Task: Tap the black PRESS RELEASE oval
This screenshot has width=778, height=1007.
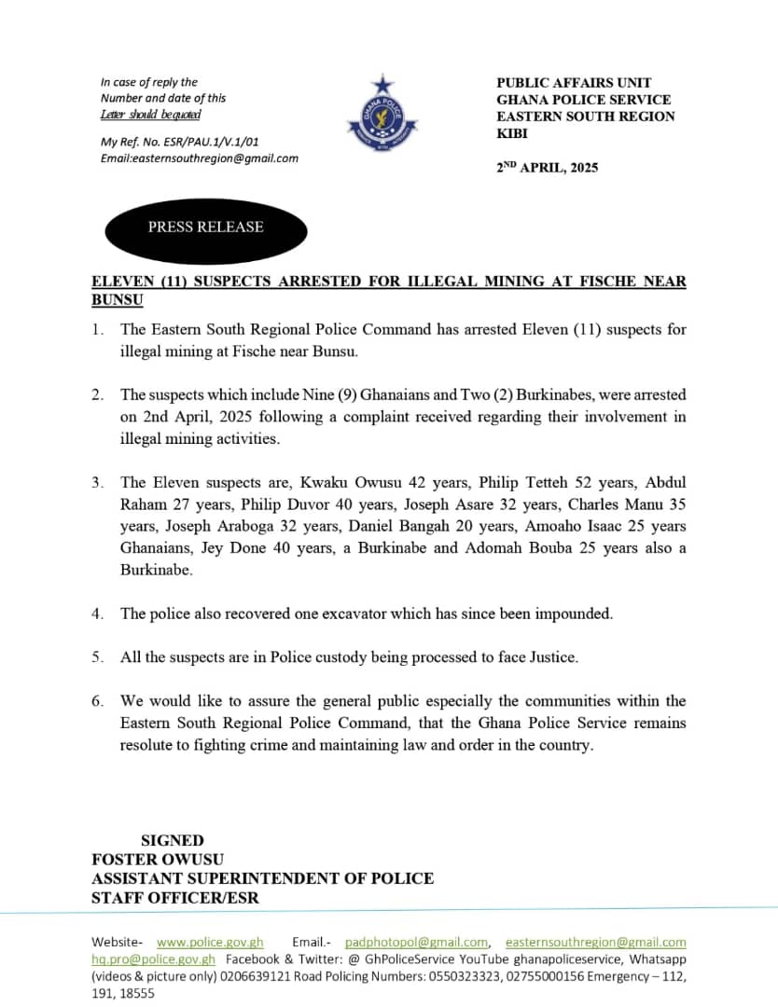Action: pos(205,228)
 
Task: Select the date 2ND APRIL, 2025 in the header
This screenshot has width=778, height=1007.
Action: pos(548,168)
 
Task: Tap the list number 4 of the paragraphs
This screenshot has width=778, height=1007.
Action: pos(97,614)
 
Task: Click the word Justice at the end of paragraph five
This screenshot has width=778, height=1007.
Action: pos(554,657)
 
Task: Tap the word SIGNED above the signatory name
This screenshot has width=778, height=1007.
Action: pos(172,840)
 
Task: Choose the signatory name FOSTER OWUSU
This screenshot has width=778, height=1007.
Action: pos(158,859)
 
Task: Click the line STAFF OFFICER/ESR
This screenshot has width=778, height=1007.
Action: pos(175,897)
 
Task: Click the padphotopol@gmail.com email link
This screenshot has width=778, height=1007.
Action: pos(416,942)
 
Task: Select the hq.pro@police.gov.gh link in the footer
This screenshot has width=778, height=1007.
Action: pos(153,959)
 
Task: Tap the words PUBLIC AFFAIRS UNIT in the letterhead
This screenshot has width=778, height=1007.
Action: pos(574,83)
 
